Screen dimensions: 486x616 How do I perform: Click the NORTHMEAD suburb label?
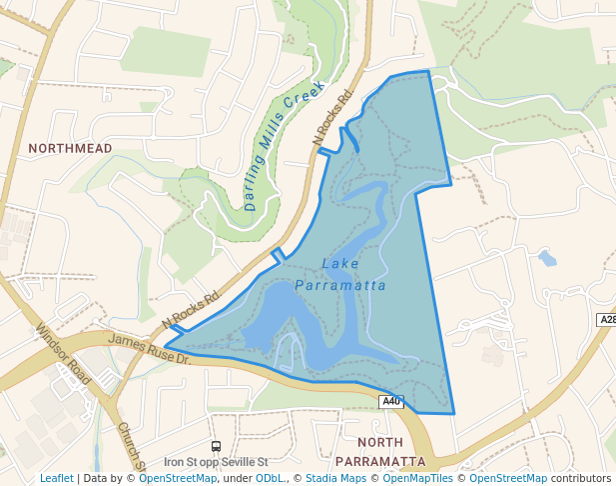[x=70, y=148]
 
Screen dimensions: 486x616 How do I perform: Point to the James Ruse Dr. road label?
[x=149, y=349]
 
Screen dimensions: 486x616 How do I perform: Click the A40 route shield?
[x=391, y=402]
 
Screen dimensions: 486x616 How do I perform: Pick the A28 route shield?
[x=606, y=320]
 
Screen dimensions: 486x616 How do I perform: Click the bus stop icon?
[x=216, y=446]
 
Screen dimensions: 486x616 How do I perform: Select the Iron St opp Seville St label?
[x=217, y=462]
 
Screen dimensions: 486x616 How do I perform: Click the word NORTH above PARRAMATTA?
[x=379, y=443]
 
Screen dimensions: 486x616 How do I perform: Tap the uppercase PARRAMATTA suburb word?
[x=380, y=461]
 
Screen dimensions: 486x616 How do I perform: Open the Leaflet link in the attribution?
[x=56, y=479]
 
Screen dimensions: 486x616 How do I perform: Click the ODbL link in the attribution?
[x=270, y=479]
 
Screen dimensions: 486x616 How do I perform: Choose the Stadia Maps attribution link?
[x=335, y=479]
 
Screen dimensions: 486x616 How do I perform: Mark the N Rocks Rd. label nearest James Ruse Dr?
[x=191, y=311]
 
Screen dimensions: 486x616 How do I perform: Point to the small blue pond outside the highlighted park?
[x=546, y=258]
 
